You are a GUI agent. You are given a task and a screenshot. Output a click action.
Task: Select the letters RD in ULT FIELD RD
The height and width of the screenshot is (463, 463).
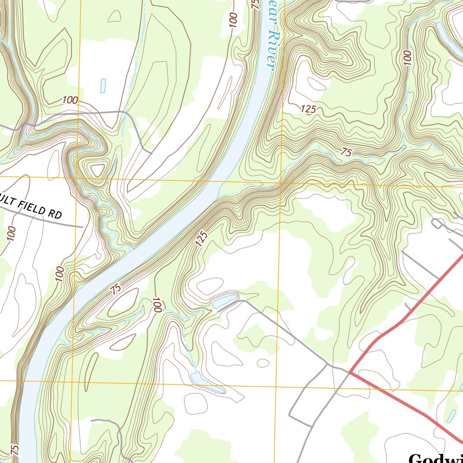pyautogui.click(x=55, y=214)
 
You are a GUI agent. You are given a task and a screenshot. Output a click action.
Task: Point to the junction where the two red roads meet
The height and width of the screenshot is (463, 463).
pyautogui.click(x=350, y=372)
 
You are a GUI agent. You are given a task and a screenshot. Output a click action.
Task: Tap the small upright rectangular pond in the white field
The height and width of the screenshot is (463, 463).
pyautogui.click(x=103, y=85)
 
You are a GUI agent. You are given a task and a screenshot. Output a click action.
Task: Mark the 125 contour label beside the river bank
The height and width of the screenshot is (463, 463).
pyautogui.click(x=202, y=239)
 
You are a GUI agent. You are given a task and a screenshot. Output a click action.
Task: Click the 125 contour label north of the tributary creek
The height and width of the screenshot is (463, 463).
pyautogui.click(x=307, y=109)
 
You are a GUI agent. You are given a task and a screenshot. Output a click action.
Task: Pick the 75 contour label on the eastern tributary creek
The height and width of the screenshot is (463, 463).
pyautogui.click(x=346, y=153)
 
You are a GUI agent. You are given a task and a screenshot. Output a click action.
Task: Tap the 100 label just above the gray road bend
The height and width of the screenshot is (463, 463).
pyautogui.click(x=70, y=100)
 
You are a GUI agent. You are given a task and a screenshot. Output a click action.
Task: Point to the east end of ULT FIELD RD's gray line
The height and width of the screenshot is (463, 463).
pyautogui.click(x=83, y=226)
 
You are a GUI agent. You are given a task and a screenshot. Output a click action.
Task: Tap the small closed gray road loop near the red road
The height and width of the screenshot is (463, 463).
pyautogui.click(x=437, y=223)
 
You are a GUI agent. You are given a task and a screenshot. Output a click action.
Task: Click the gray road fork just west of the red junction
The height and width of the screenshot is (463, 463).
pyautogui.click(x=328, y=363)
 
